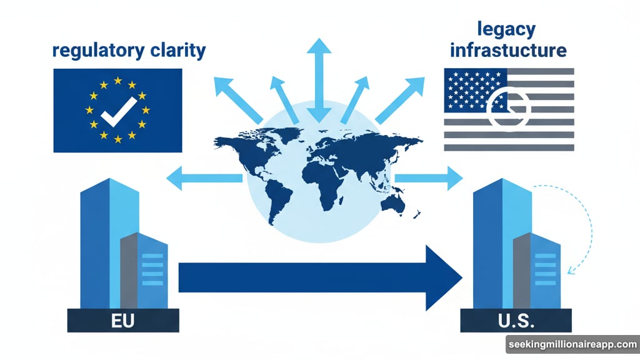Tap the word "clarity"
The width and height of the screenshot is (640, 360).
tap(177, 50)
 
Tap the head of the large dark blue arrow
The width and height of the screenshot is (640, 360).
tap(444, 277)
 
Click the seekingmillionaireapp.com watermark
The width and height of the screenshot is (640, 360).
tap(572, 344)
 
